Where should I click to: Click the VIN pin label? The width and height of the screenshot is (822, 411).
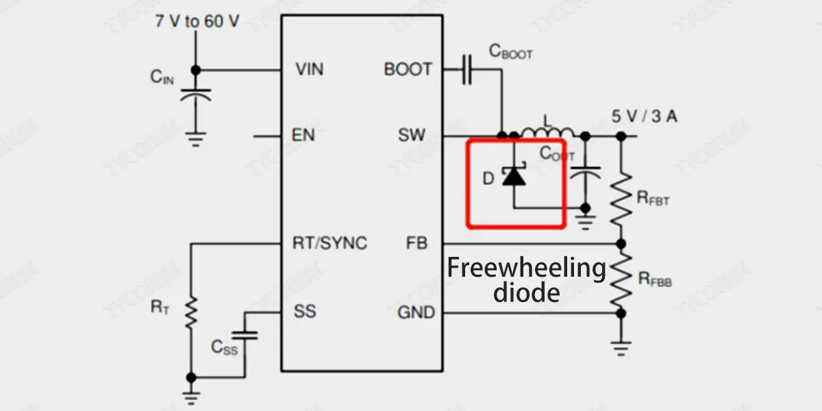tap(310, 69)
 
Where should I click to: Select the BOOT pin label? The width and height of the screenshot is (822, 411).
tap(408, 69)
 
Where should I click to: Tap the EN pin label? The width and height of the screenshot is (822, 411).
tap(303, 135)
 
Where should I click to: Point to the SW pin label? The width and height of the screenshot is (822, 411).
tap(412, 135)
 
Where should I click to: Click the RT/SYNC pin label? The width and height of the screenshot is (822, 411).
tap(329, 242)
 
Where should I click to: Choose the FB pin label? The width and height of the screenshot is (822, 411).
tap(416, 242)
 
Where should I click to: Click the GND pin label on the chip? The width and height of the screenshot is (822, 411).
tap(416, 312)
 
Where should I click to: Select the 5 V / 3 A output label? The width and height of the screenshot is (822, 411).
tap(645, 116)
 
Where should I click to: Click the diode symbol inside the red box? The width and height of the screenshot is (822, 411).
tap(514, 177)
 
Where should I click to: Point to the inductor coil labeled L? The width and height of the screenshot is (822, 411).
tap(547, 132)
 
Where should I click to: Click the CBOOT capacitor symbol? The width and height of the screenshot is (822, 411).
tap(467, 69)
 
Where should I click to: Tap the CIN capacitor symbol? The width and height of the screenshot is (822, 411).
tap(195, 94)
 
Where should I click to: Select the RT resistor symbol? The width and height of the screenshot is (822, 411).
tap(191, 312)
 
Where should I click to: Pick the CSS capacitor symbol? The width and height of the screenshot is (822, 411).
tap(245, 335)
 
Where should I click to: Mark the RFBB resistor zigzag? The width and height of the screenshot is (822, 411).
tap(621, 279)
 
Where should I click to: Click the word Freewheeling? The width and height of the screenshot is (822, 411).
tap(527, 267)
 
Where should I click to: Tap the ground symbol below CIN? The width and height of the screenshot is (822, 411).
tap(195, 140)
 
